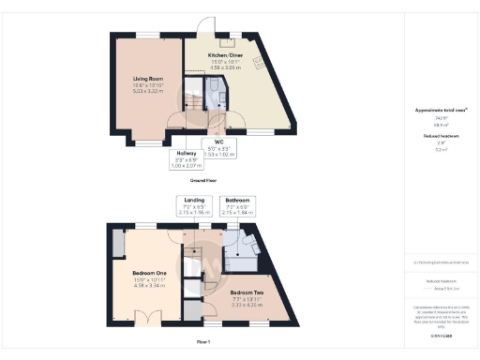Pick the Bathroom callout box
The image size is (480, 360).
236,205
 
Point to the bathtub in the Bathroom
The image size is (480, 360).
253,243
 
